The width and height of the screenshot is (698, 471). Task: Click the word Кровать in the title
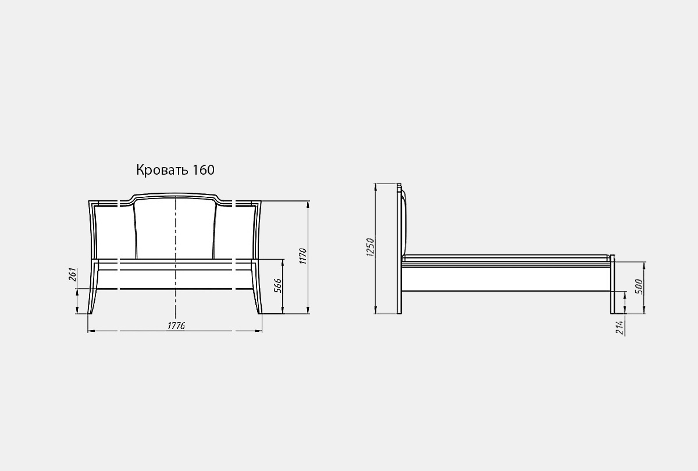pos(162,170)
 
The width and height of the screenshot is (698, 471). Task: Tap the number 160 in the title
pos(204,170)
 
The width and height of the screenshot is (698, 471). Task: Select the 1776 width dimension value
pos(176,325)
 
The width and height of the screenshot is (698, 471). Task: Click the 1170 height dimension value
pos(303,256)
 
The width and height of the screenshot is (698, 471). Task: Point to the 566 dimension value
pos(277,286)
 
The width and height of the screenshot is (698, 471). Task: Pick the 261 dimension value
pos(73,274)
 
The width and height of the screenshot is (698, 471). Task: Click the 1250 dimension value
pos(370,247)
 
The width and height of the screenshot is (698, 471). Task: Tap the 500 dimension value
pos(639,286)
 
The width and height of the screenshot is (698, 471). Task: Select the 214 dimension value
pos(621,328)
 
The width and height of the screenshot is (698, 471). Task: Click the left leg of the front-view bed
pos(93,301)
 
